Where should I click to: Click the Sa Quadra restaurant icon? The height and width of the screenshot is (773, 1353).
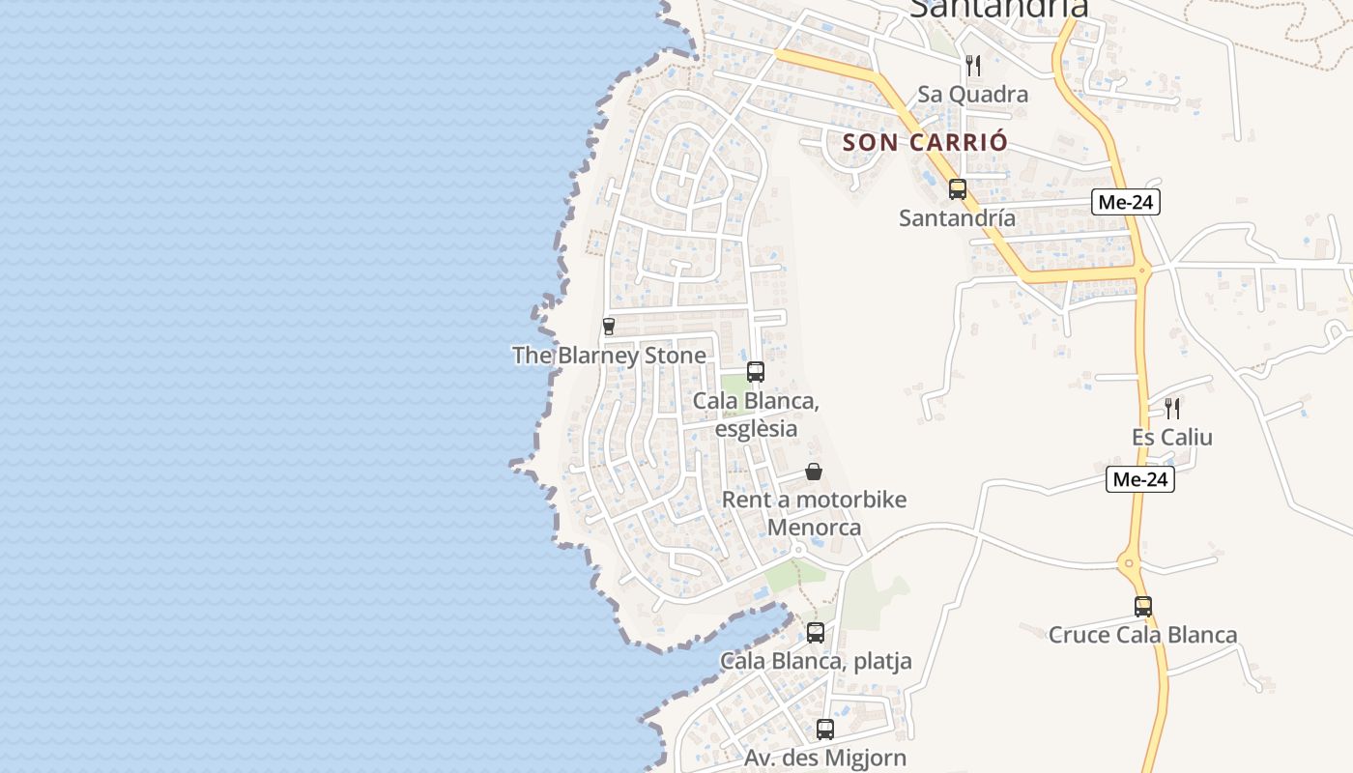coord(973,66)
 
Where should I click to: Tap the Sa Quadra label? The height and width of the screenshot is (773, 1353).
coord(972,95)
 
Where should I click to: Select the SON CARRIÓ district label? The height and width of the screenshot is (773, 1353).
coord(925,142)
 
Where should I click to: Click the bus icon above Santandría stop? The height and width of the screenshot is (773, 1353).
coord(958,189)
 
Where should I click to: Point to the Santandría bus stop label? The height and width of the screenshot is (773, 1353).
coord(957,218)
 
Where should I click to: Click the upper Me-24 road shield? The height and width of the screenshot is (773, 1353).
coord(1126,202)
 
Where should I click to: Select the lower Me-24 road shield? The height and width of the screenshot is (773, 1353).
coord(1140,479)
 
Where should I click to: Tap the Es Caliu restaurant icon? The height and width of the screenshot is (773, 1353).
coord(1172,409)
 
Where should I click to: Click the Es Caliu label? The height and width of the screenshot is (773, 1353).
coord(1171,438)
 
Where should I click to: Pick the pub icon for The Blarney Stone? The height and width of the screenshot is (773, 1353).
coord(609,327)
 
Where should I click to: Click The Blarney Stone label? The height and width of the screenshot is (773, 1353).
coord(609,356)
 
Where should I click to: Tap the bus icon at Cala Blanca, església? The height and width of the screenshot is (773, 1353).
coord(756,372)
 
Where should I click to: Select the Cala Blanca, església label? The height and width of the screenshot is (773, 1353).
coord(756,414)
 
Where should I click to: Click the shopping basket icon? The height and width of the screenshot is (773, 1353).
coord(814,472)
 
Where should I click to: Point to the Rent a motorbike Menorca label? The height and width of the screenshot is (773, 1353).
coord(814,514)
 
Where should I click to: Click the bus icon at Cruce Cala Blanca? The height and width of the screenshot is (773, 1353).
coord(1143,607)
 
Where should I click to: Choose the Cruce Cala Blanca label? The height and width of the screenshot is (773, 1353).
coord(1142,636)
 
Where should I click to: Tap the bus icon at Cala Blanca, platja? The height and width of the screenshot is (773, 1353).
coord(816,633)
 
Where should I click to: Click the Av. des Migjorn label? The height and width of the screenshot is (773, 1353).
coord(824,759)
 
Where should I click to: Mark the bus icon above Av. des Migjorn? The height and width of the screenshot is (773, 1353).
coord(825,730)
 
